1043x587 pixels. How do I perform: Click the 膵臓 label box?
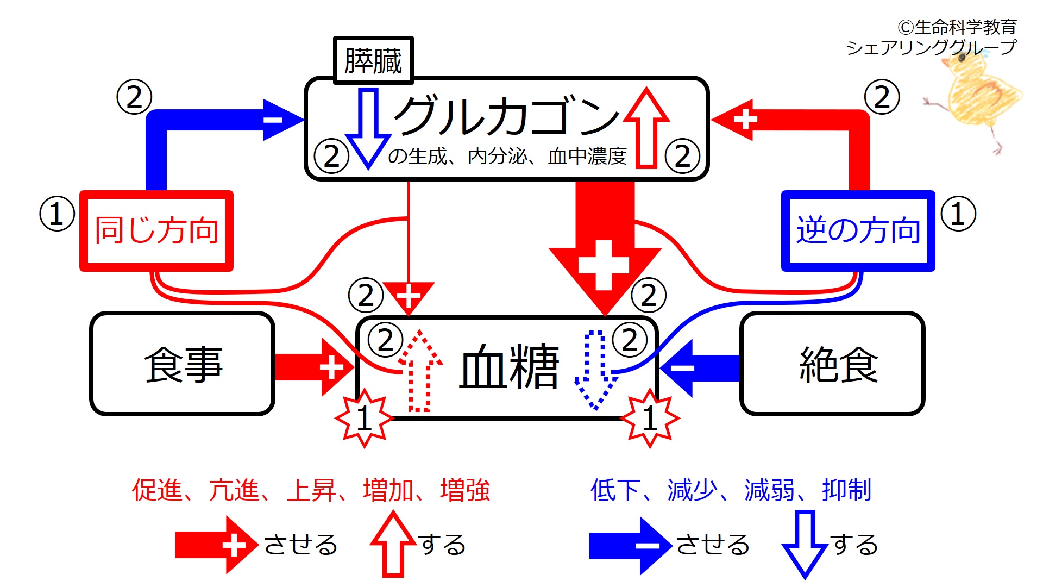coord(373,60)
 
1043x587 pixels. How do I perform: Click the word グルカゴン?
coord(505,116)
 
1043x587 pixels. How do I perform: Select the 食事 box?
coord(182,364)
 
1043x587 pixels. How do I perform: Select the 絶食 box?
coord(832,364)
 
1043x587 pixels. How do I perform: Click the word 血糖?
coord(509,367)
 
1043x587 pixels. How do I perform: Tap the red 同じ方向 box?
coord(156,231)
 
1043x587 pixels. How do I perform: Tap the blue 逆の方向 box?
coord(858,231)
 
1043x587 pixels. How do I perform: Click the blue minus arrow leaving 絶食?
coord(701,368)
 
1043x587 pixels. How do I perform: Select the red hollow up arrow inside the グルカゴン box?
coord(646,128)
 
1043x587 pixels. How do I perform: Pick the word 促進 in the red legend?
coord(157,490)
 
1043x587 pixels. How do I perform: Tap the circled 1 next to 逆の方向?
coord(958,214)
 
